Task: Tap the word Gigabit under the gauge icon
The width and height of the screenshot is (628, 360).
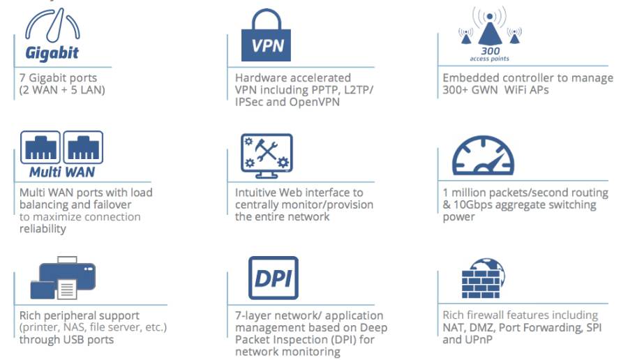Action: (x=52, y=53)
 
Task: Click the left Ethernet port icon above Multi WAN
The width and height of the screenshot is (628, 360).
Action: (x=40, y=147)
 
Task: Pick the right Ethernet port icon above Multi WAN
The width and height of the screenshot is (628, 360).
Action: (x=83, y=147)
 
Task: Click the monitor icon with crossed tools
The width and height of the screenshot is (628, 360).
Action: (x=267, y=156)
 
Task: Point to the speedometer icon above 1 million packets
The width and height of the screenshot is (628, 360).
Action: (x=483, y=156)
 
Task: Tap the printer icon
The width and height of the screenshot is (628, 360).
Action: (x=63, y=278)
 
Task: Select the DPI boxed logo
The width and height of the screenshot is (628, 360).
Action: (x=274, y=278)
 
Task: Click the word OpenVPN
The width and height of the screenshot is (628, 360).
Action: (x=315, y=102)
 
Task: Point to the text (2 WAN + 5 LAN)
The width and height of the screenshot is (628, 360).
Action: (x=62, y=90)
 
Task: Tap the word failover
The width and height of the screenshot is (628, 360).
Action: (x=112, y=204)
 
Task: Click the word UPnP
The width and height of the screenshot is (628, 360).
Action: (x=478, y=340)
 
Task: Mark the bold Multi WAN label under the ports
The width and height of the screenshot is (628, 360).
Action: (x=62, y=172)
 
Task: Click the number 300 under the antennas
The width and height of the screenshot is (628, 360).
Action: (x=491, y=51)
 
